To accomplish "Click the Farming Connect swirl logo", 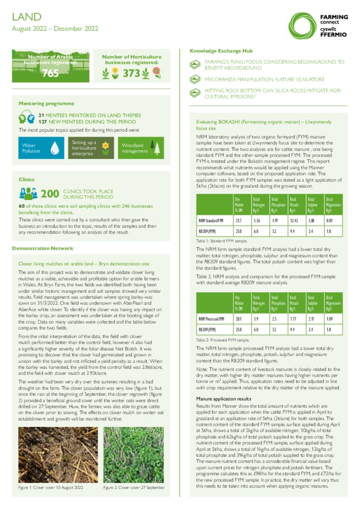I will (x=303, y=25).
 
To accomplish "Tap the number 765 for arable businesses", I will (x=50, y=74).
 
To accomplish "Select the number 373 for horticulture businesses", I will (x=131, y=74).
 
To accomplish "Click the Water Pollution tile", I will (x=41, y=148).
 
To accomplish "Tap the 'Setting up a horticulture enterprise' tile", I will (x=91, y=148).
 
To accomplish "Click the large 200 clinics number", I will (x=50, y=194).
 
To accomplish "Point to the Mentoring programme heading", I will (x=46, y=103).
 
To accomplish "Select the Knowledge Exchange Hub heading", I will (x=221, y=51).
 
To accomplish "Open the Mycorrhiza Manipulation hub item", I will (x=264, y=80).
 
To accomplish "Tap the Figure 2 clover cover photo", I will (x=133, y=455).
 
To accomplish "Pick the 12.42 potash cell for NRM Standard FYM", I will (x=294, y=220).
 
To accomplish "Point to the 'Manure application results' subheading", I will (x=223, y=399).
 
